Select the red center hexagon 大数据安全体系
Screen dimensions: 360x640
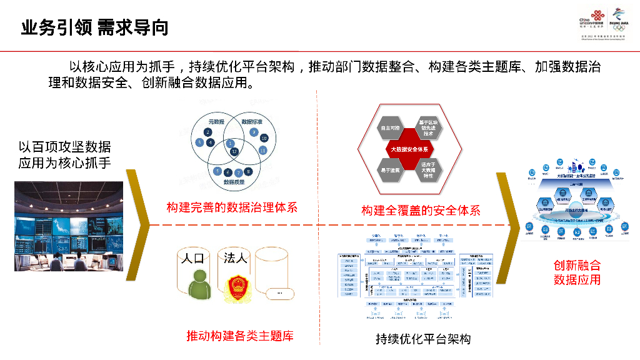click(x=409, y=149)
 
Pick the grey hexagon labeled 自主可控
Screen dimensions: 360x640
click(x=390, y=128)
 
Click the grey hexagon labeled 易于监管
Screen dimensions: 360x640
click(x=390, y=170)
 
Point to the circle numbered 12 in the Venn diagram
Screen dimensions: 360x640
click(x=234, y=152)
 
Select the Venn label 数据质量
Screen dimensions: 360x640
click(x=234, y=181)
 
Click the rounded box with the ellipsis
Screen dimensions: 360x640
click(x=279, y=293)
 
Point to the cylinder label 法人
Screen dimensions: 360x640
click(x=236, y=257)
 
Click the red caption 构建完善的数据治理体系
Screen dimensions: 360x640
click(x=232, y=207)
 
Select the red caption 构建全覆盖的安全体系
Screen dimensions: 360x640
click(x=420, y=211)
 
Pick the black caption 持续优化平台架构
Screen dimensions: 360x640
click(x=422, y=339)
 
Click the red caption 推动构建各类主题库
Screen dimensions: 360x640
click(x=239, y=336)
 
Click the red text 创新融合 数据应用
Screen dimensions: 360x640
click(x=577, y=272)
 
